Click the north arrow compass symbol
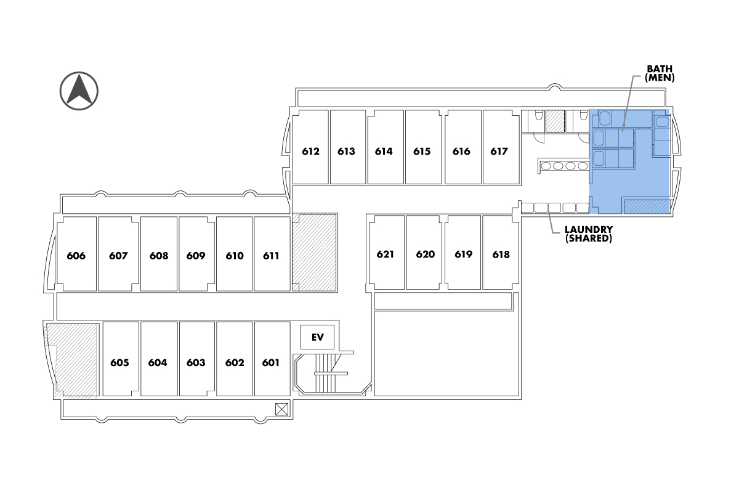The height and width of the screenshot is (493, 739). [x=79, y=91]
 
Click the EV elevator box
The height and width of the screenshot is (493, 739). [x=317, y=337]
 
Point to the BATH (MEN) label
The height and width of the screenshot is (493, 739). [x=660, y=73]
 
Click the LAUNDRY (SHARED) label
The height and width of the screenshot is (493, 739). [x=589, y=233]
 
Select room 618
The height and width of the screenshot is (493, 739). [x=501, y=253]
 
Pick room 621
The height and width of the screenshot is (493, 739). [x=386, y=253]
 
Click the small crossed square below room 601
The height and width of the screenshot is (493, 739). [x=281, y=408]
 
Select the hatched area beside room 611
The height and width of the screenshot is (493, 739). [x=314, y=252]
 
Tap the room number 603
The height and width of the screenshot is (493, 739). [x=196, y=363]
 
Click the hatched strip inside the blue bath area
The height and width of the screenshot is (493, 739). [x=647, y=206]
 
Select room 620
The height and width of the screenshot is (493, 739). [x=425, y=253]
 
